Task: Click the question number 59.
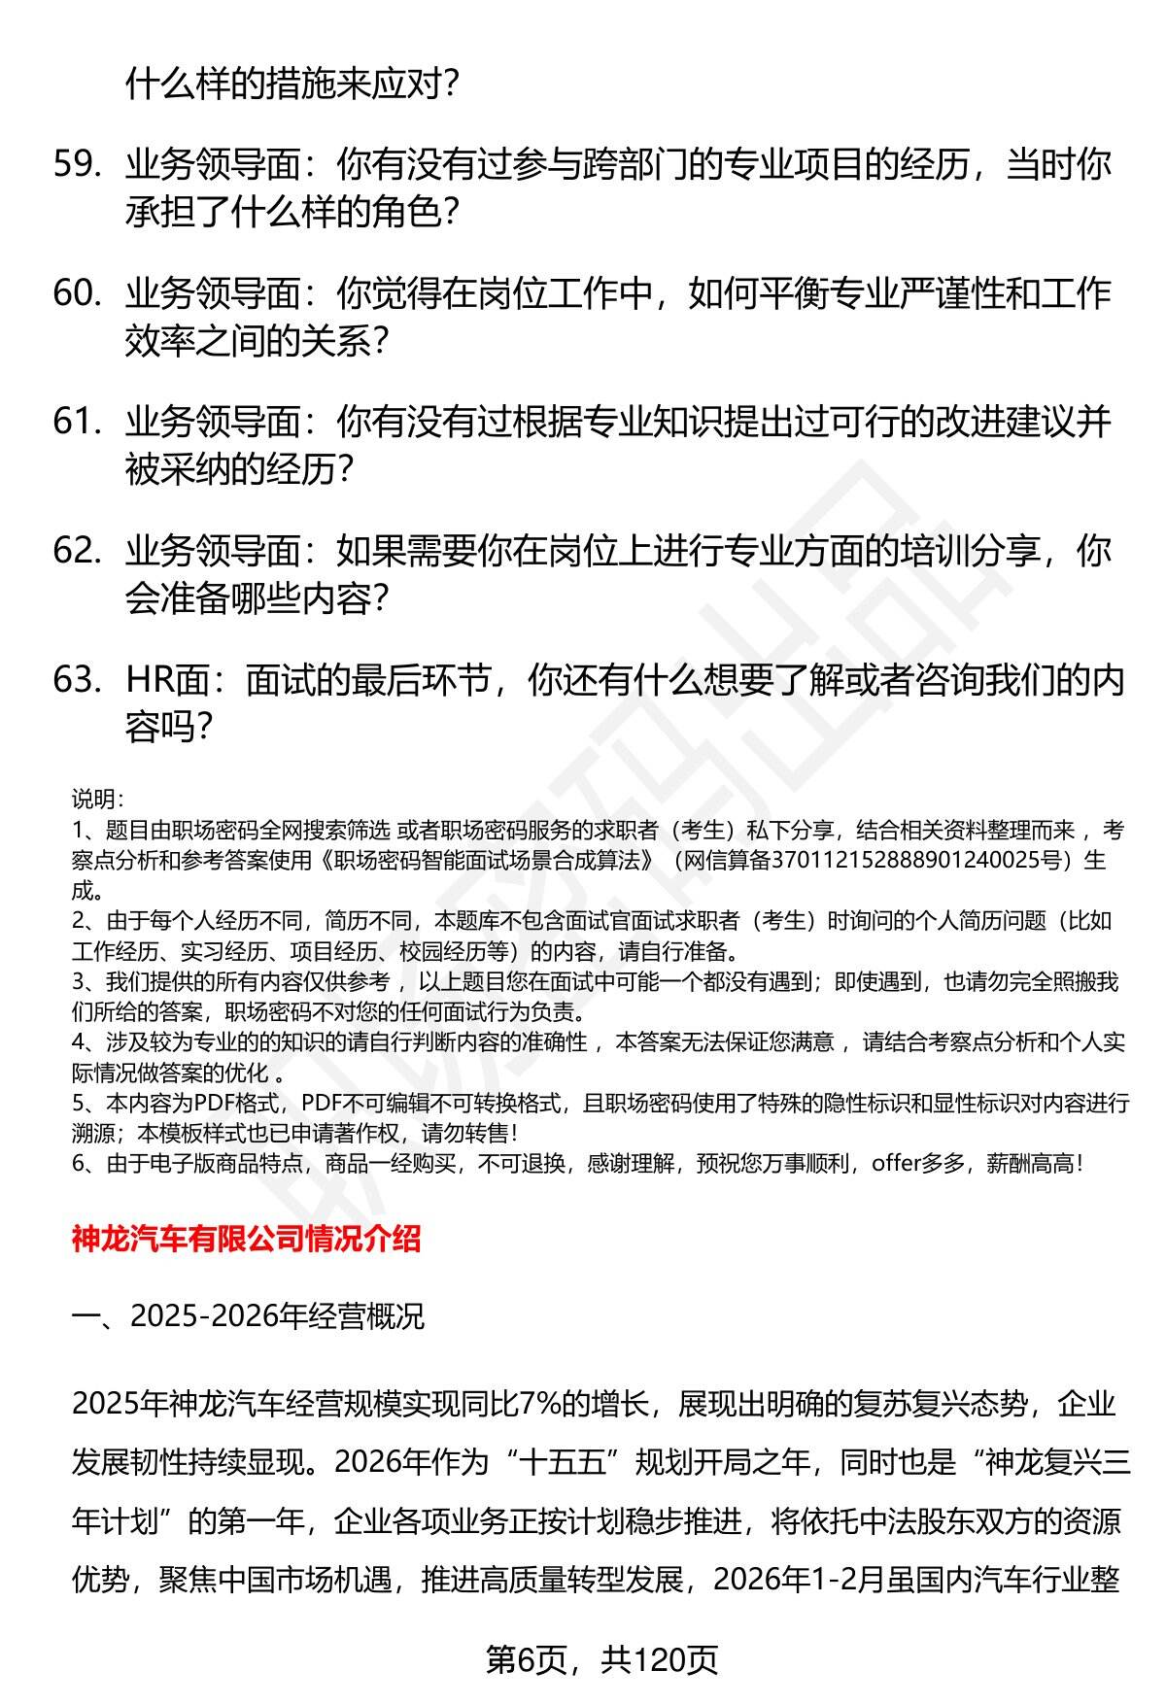point(77,166)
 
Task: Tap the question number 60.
point(77,294)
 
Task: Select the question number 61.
point(77,424)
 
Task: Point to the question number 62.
point(77,553)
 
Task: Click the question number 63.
point(77,681)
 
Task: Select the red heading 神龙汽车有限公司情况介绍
point(246,1239)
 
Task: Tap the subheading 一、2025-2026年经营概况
point(248,1316)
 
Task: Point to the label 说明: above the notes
point(96,801)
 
